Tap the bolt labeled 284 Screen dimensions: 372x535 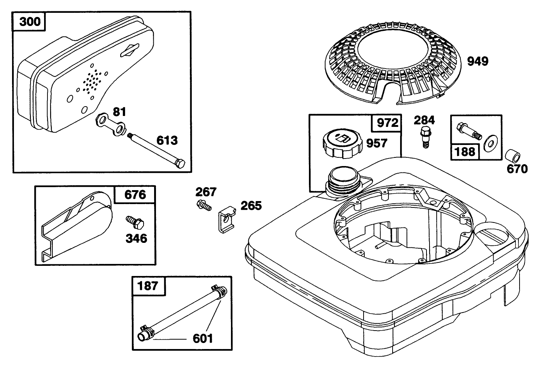tap(424, 137)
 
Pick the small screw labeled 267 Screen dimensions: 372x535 tap(203, 206)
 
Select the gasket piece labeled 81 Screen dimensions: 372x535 tap(111, 124)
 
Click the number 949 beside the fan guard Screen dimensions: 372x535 tap(477, 61)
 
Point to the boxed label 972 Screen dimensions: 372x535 tap(387, 123)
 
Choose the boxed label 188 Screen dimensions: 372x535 tap(465, 151)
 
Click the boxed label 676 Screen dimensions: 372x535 tap(135, 195)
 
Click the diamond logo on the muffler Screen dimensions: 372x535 tap(129, 50)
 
